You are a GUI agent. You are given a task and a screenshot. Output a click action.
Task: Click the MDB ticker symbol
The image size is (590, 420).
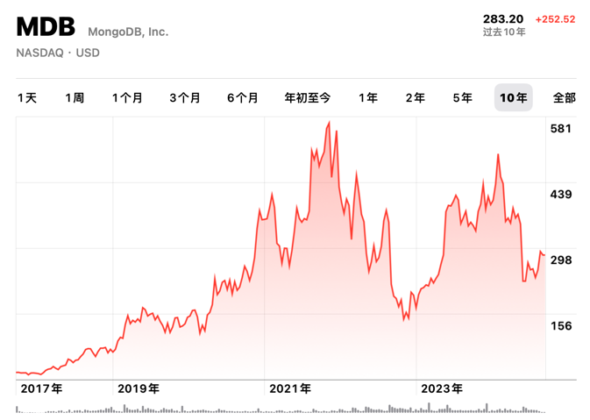tap(46, 27)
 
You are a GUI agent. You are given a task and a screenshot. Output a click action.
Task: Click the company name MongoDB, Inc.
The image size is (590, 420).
tap(128, 32)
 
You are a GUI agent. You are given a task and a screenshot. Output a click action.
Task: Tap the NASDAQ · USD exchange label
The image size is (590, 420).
tap(58, 53)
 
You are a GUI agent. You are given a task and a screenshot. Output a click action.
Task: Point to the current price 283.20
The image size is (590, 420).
tap(503, 18)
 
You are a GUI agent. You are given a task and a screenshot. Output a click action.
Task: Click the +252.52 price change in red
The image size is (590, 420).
tap(555, 18)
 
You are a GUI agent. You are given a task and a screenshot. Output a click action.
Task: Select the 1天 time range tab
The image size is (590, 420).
tap(27, 97)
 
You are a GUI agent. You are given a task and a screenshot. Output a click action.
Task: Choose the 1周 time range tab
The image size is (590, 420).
tap(75, 97)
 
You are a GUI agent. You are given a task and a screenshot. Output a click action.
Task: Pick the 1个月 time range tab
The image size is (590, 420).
tap(127, 97)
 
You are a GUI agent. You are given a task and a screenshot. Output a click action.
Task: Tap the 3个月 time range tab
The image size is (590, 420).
tap(185, 97)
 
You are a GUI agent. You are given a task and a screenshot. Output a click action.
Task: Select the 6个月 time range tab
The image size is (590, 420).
tap(243, 97)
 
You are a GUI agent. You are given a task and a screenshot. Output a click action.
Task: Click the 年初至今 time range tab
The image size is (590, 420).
tap(308, 97)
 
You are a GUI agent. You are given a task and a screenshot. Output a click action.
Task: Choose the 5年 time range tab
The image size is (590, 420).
tap(462, 97)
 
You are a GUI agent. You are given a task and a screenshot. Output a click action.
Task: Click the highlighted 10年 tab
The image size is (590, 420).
tap(513, 97)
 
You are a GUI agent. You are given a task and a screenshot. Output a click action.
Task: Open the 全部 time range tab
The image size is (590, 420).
tap(564, 97)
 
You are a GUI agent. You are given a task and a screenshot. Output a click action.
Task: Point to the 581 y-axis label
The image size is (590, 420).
tap(560, 128)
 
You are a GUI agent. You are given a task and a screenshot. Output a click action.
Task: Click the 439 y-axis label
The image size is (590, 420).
tap(560, 194)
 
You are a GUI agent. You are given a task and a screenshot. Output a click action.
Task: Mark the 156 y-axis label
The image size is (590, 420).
tap(560, 325)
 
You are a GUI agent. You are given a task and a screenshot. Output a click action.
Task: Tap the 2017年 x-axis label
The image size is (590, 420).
tap(41, 388)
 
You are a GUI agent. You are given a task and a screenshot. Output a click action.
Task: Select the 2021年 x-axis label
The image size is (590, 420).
tap(290, 388)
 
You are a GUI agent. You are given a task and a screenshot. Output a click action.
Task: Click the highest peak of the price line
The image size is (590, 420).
tap(329, 123)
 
